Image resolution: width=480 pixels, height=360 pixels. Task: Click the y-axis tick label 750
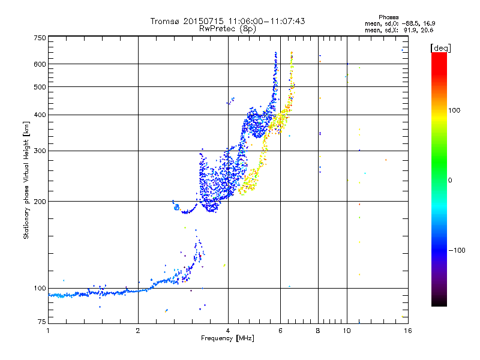40,38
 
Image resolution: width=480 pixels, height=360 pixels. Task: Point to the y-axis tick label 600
40,64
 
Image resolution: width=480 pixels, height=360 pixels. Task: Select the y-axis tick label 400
40,115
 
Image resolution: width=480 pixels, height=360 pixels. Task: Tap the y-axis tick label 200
40,201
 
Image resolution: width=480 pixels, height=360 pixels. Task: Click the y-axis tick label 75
41,323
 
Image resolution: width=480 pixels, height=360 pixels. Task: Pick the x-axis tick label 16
407,331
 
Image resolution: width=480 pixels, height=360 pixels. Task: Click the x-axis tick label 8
318,331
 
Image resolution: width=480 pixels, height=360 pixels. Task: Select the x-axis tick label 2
138,331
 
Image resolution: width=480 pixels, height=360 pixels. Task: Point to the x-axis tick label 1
48,331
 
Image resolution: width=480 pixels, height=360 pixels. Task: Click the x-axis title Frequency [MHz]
227,338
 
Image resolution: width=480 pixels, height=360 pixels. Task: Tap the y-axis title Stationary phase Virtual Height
26,180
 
